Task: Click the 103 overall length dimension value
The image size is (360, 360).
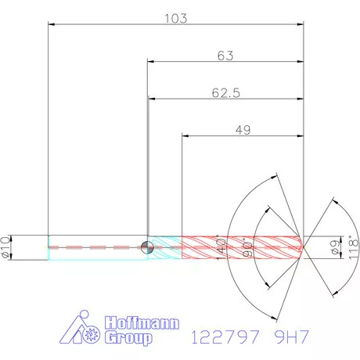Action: pyautogui.click(x=176, y=19)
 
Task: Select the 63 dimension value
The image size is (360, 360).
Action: pyautogui.click(x=225, y=56)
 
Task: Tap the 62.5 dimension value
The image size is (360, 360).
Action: pyautogui.click(x=226, y=93)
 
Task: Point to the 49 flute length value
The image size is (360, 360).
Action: pyautogui.click(x=243, y=130)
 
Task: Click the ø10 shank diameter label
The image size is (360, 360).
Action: pyautogui.click(x=6, y=247)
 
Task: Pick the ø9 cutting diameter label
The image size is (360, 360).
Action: pyautogui.click(x=335, y=247)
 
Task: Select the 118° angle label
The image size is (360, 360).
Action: pyautogui.click(x=354, y=247)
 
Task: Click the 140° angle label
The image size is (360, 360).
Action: pyautogui.click(x=221, y=248)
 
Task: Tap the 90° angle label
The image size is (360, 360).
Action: pyautogui.click(x=247, y=247)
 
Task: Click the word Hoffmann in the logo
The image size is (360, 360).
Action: pyautogui.click(x=142, y=323)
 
